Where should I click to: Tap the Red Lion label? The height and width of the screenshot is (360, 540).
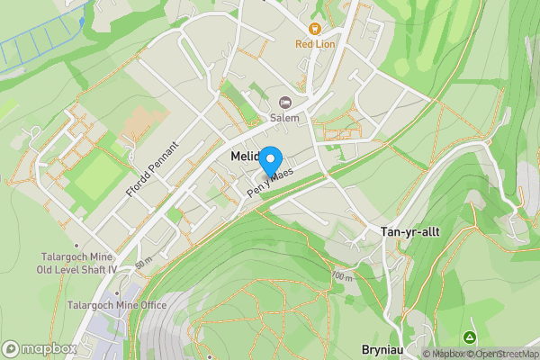313,42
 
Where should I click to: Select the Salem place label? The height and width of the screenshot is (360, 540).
285,117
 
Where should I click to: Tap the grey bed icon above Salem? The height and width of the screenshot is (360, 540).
285,103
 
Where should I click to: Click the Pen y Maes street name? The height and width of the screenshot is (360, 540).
271,184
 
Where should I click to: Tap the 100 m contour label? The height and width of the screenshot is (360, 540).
341,275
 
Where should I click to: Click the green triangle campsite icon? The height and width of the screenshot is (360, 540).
469,337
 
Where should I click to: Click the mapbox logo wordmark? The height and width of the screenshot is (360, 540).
40,349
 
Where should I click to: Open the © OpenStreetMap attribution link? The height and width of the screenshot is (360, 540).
500,354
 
